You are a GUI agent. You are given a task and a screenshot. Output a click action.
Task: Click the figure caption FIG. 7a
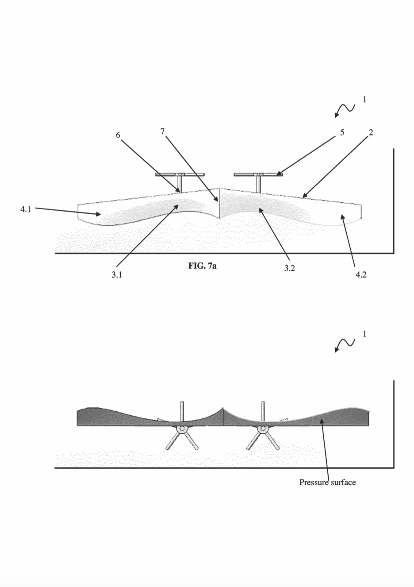(202, 266)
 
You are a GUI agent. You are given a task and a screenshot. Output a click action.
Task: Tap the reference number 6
(118, 135)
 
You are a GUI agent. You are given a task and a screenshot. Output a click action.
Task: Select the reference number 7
(162, 131)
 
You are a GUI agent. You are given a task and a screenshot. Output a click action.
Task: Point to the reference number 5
(342, 132)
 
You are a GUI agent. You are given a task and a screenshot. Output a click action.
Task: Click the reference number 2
(371, 132)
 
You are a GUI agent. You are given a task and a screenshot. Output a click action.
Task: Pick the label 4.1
(26, 209)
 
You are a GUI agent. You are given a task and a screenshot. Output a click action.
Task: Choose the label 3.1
(116, 274)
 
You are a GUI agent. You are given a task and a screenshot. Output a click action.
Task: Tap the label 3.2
(289, 268)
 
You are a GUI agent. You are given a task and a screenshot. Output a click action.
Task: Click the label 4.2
(361, 274)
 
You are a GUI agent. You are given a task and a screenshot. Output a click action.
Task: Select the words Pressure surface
(327, 482)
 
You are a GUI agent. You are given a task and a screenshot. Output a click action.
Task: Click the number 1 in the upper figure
(364, 100)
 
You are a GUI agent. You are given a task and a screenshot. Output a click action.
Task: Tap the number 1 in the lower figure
(364, 334)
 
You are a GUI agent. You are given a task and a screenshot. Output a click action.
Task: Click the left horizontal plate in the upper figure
(179, 174)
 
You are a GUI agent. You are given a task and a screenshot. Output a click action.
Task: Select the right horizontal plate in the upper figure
(258, 174)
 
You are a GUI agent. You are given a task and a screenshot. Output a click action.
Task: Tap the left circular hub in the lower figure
(181, 429)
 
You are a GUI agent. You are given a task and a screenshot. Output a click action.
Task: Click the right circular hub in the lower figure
(262, 429)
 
